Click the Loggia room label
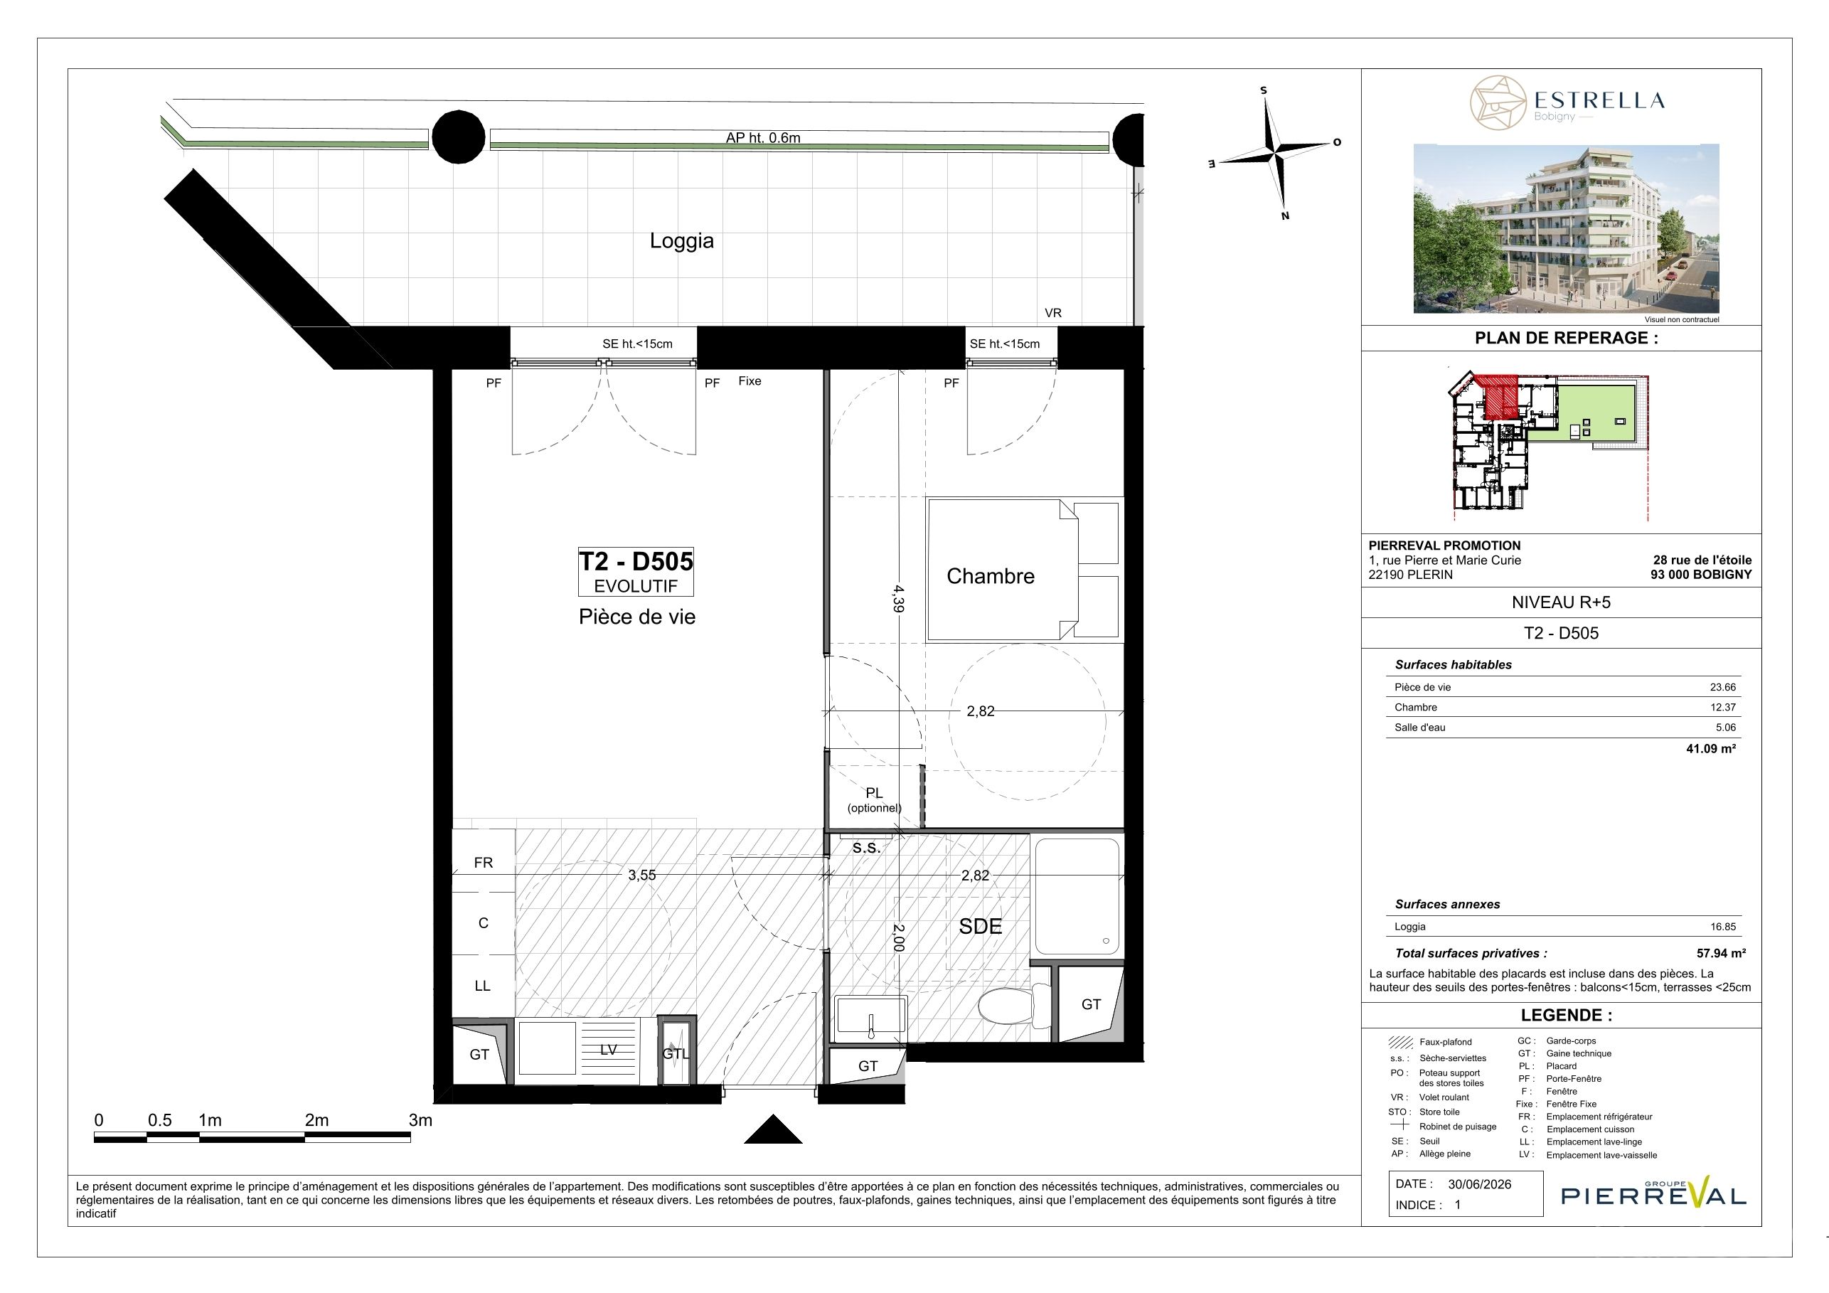pyautogui.click(x=681, y=241)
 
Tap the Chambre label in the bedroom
pyautogui.click(x=990, y=576)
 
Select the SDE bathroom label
pyautogui.click(x=980, y=927)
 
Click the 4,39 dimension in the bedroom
pyautogui.click(x=899, y=598)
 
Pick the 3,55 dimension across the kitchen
pyautogui.click(x=641, y=875)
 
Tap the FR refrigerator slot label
pyautogui.click(x=483, y=863)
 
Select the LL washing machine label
pyautogui.click(x=482, y=986)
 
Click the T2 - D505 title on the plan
pyautogui.click(x=636, y=561)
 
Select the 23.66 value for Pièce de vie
pyautogui.click(x=1722, y=687)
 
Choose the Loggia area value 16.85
pyautogui.click(x=1724, y=927)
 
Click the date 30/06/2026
pyautogui.click(x=1479, y=1184)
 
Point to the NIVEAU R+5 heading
pyautogui.click(x=1560, y=602)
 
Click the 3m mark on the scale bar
pyautogui.click(x=420, y=1120)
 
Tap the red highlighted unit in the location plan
pyautogui.click(x=1498, y=397)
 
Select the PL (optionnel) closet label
pyautogui.click(x=874, y=800)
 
